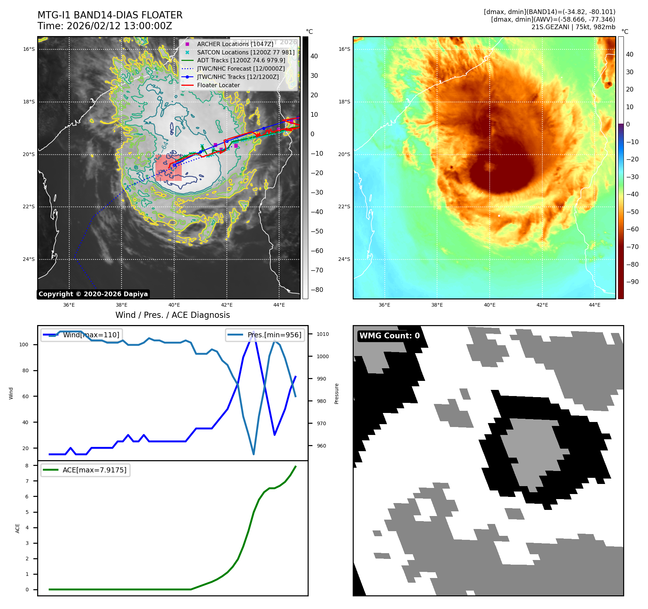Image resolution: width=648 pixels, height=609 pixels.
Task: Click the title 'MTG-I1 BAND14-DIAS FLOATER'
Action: point(110,15)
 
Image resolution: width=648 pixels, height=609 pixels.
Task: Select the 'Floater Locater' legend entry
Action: point(218,85)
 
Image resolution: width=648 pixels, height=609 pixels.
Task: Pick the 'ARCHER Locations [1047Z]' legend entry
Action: point(235,44)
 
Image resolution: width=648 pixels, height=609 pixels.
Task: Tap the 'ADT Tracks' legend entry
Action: point(241,61)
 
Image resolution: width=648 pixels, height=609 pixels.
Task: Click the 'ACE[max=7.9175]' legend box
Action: point(85,470)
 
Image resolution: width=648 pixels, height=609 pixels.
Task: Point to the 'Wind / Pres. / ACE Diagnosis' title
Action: point(172,315)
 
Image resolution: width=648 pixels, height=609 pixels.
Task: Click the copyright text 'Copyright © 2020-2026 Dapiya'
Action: point(93,294)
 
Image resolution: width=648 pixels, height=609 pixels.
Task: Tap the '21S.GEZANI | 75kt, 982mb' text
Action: point(573,27)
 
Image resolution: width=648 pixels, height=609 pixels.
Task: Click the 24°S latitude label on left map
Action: point(29,259)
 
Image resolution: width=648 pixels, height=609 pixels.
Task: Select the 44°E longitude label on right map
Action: point(595,305)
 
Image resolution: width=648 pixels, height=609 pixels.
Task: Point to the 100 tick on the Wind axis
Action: point(24,344)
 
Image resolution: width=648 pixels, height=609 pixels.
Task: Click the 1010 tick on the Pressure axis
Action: point(322,334)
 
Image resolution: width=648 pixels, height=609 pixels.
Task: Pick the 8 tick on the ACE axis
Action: point(27,466)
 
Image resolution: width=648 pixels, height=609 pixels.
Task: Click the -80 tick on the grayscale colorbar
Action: point(317,290)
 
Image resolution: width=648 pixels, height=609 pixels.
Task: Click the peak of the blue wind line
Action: point(254,331)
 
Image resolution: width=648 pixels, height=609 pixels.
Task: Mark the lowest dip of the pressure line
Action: point(254,454)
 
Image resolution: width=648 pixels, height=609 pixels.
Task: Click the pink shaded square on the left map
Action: point(168,168)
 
